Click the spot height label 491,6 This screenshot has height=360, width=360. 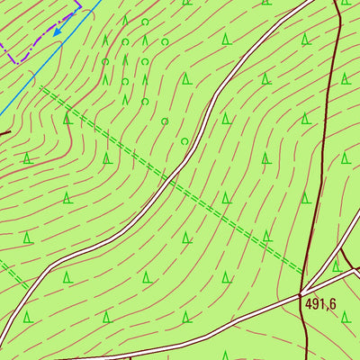pos(319,305)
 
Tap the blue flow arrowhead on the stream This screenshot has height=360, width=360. pos(57,31)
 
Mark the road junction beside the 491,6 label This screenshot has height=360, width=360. pos(301,293)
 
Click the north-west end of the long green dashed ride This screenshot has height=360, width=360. pos(42,87)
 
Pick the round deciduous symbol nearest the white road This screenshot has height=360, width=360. pos(184,141)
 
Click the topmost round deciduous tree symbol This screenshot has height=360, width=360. pos(144,22)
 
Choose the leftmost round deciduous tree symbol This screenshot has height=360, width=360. pos(105,62)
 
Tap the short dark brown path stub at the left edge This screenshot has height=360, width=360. pos(4,133)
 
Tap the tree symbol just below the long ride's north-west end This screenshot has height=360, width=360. pos(67,118)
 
